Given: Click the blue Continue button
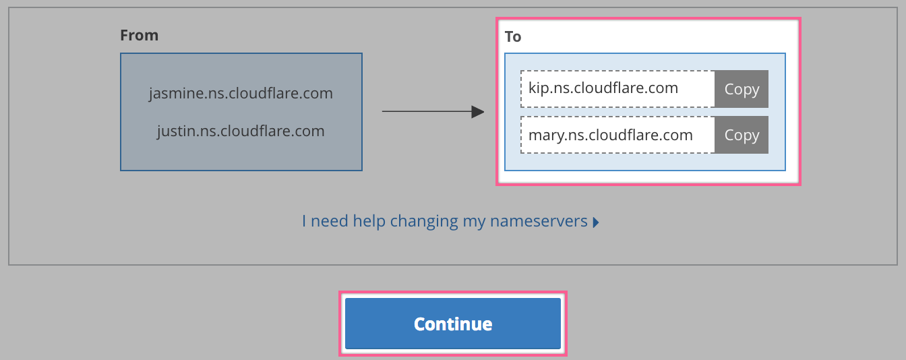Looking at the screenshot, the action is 452,323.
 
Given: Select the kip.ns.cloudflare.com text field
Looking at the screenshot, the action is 617,89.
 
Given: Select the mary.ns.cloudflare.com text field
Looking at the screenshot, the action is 617,135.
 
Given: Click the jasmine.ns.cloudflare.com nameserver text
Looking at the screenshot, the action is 241,94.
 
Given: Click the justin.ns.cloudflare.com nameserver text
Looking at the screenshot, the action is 241,131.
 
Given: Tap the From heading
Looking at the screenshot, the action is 139,35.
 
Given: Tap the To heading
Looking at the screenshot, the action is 513,37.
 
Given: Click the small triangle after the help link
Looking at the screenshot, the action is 596,222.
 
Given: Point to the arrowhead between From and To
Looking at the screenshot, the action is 478,112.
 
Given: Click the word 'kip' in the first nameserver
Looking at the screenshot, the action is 539,88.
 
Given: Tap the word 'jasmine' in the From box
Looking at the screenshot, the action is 175,94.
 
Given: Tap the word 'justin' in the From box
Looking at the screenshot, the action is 177,131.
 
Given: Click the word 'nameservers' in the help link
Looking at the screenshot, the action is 539,221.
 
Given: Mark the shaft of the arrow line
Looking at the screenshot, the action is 427,111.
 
